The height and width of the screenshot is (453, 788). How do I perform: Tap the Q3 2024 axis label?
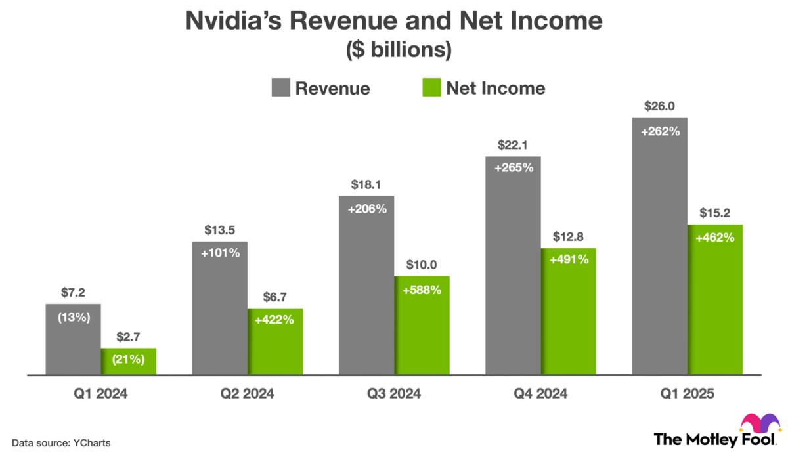[393, 395]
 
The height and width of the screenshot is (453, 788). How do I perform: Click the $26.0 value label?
[659, 107]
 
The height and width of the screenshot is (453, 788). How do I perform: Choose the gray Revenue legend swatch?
[280, 88]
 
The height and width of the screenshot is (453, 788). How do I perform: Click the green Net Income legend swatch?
[431, 88]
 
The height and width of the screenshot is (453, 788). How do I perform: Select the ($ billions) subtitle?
[393, 51]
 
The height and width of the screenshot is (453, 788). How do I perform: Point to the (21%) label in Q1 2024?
[128, 360]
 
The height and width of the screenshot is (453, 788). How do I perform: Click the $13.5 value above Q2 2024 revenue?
[219, 230]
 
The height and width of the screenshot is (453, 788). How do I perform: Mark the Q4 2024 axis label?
[540, 395]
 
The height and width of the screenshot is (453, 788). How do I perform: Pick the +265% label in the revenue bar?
[513, 167]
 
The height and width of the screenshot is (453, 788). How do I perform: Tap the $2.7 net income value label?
[128, 337]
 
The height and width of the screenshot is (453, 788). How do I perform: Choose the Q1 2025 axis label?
[687, 395]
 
